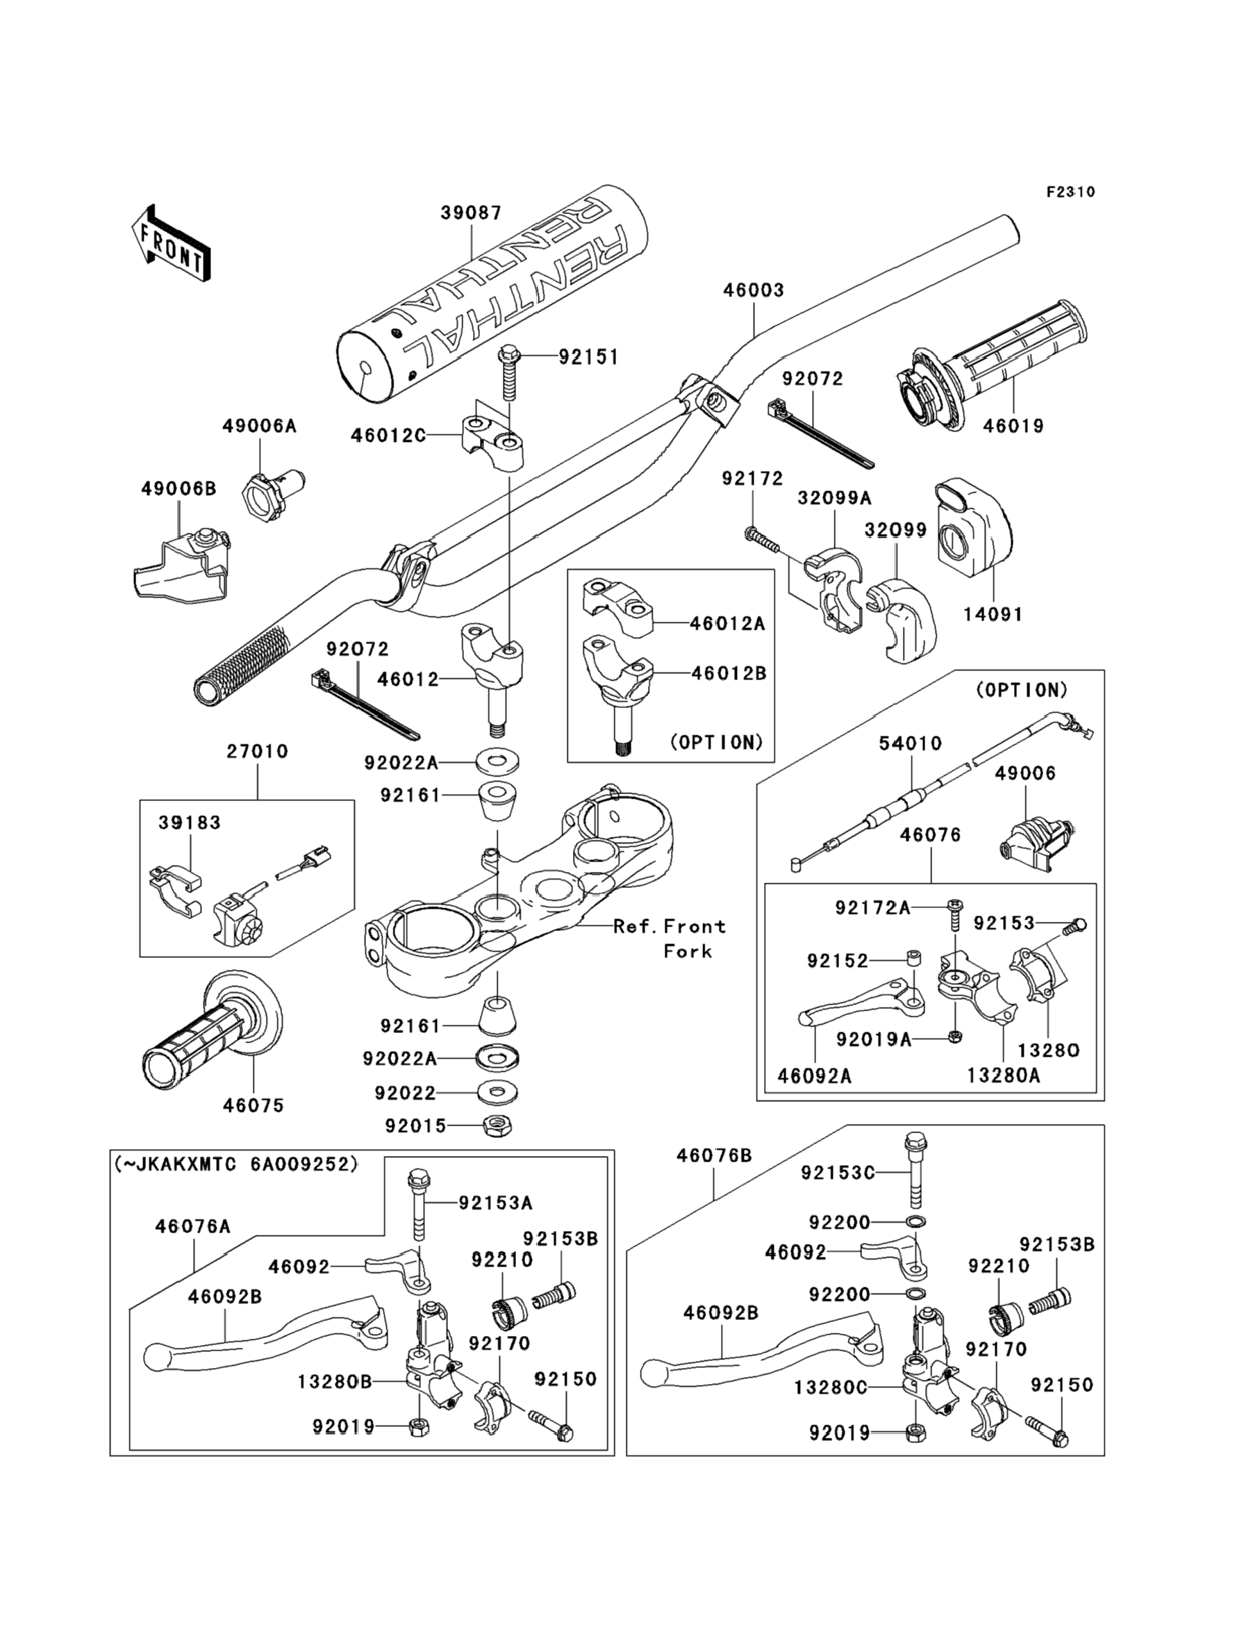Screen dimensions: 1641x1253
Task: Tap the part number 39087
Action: tap(471, 213)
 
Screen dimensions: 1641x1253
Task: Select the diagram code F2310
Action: tap(1070, 192)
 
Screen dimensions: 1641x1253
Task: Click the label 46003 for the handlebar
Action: tap(754, 290)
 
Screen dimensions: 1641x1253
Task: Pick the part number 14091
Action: tap(992, 614)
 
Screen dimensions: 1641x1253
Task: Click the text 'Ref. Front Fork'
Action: tap(669, 939)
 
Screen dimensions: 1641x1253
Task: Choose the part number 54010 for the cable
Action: tap(910, 743)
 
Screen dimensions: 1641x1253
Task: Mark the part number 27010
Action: tap(257, 751)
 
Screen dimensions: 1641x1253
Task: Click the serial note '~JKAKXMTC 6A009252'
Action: tap(236, 1164)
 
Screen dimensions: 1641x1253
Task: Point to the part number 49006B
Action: tap(179, 488)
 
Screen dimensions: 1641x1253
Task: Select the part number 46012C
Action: tap(388, 435)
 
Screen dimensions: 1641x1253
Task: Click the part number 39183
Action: tap(190, 823)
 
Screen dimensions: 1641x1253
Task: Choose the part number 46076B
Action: tap(714, 1155)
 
